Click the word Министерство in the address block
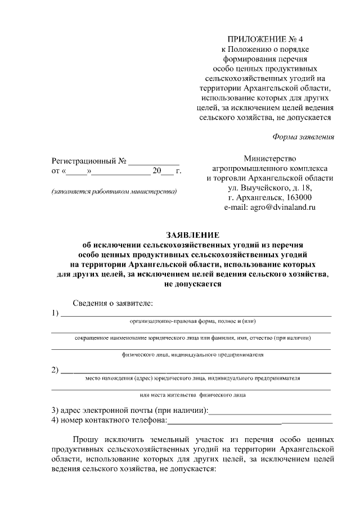click(x=270, y=159)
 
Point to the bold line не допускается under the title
click(x=193, y=284)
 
